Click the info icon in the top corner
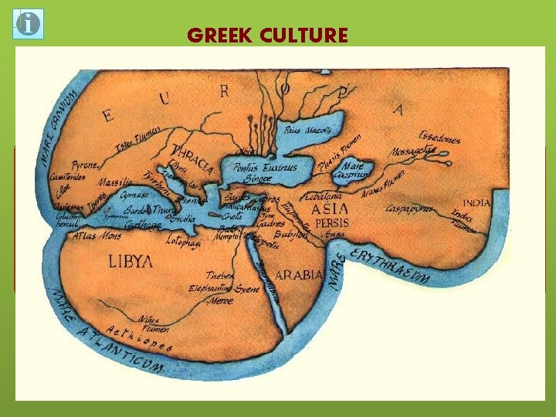pyautogui.click(x=29, y=24)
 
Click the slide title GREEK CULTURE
pyautogui.click(x=267, y=36)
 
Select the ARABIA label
pyautogui.click(x=299, y=274)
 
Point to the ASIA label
pyautogui.click(x=330, y=208)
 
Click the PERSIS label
pyautogui.click(x=332, y=222)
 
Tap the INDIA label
pyautogui.click(x=476, y=203)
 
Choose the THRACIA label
pyautogui.click(x=193, y=158)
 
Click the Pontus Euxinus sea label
pyautogui.click(x=270, y=167)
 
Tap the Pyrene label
pyautogui.click(x=84, y=166)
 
